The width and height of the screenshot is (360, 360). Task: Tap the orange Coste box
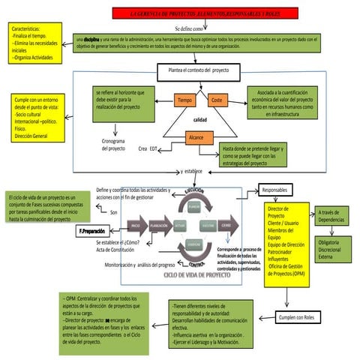coord(217,100)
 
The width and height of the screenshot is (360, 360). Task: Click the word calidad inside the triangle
coord(200,119)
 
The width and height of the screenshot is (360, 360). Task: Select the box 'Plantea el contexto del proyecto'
coord(199,72)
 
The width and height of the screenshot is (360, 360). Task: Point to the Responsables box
coord(278,190)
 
